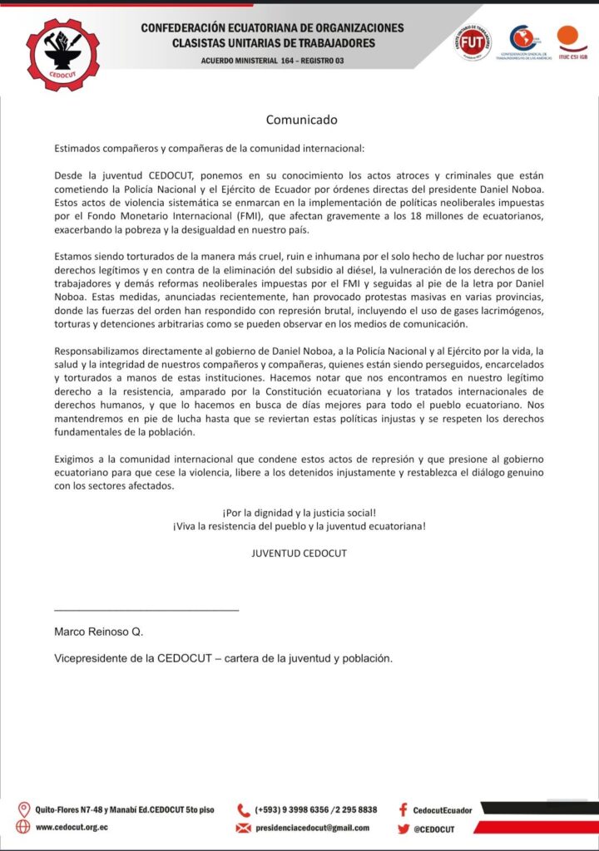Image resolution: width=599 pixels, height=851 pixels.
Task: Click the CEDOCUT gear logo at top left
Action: point(62,54)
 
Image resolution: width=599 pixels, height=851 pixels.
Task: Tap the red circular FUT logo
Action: point(472,43)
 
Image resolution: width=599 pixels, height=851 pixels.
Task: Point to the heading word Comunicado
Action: point(301,120)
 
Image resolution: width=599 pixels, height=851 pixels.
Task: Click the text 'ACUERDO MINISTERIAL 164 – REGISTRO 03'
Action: point(272,61)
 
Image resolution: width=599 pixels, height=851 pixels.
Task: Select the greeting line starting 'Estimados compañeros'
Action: point(209,149)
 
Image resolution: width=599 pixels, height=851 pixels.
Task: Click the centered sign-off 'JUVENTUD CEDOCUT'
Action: point(299,553)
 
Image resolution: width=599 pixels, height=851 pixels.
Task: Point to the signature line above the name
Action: point(146,611)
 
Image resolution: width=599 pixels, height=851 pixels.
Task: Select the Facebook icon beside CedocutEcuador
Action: point(403,809)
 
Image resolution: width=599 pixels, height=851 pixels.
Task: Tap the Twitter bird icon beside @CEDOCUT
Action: point(403,828)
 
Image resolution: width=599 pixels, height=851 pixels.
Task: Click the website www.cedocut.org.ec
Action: point(72,828)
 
